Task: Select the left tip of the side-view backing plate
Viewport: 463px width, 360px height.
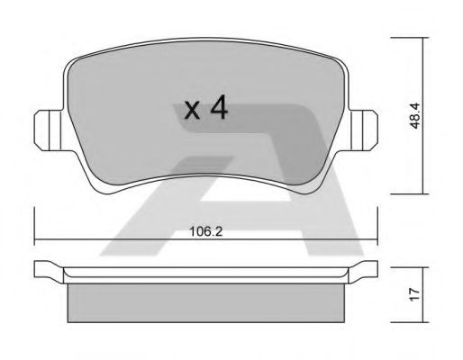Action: click(37, 269)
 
